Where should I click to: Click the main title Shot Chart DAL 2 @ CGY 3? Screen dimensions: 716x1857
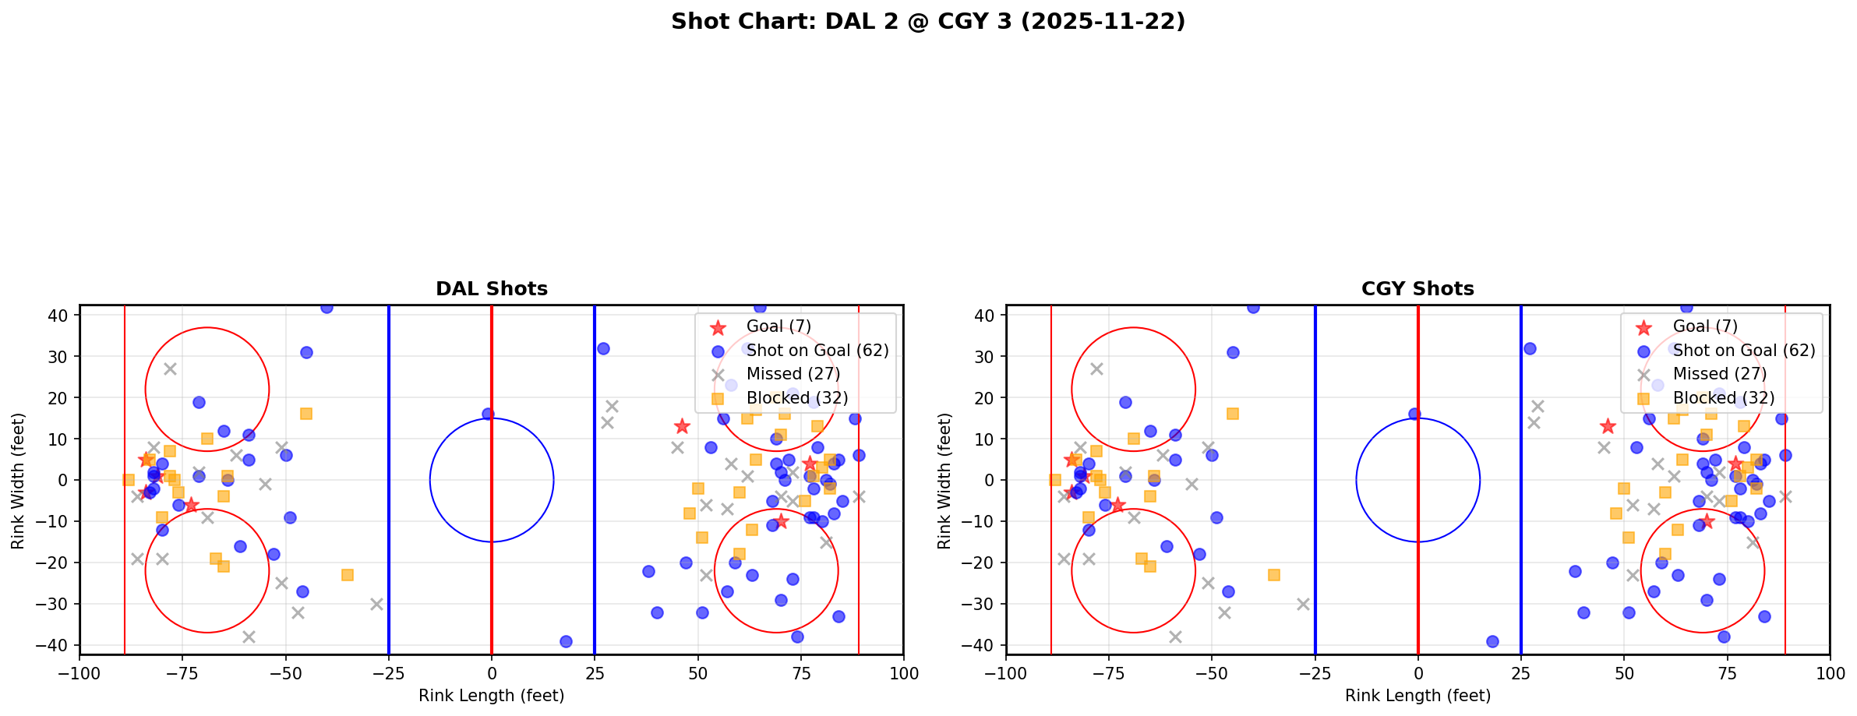pos(927,21)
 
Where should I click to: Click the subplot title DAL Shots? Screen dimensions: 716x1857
pos(491,289)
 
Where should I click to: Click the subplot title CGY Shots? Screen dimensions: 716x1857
pos(1417,289)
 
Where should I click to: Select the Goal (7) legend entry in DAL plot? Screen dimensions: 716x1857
pos(778,326)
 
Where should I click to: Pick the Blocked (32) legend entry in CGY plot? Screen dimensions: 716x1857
pos(1723,398)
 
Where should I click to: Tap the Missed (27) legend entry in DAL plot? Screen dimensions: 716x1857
pos(793,374)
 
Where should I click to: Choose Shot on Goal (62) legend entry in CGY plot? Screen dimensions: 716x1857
pos(1743,351)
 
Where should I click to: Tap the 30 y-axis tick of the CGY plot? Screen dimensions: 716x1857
pos(988,356)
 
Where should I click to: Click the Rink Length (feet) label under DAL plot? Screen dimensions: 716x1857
pos(491,696)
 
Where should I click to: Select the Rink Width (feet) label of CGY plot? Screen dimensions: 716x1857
pos(944,480)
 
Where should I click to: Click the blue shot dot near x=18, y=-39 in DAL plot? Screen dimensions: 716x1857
pos(566,641)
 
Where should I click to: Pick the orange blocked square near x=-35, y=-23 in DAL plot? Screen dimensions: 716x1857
pos(348,575)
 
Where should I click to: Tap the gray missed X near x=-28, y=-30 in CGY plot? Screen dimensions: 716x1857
pos(1303,604)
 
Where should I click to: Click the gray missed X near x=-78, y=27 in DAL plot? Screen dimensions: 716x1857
pos(170,369)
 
